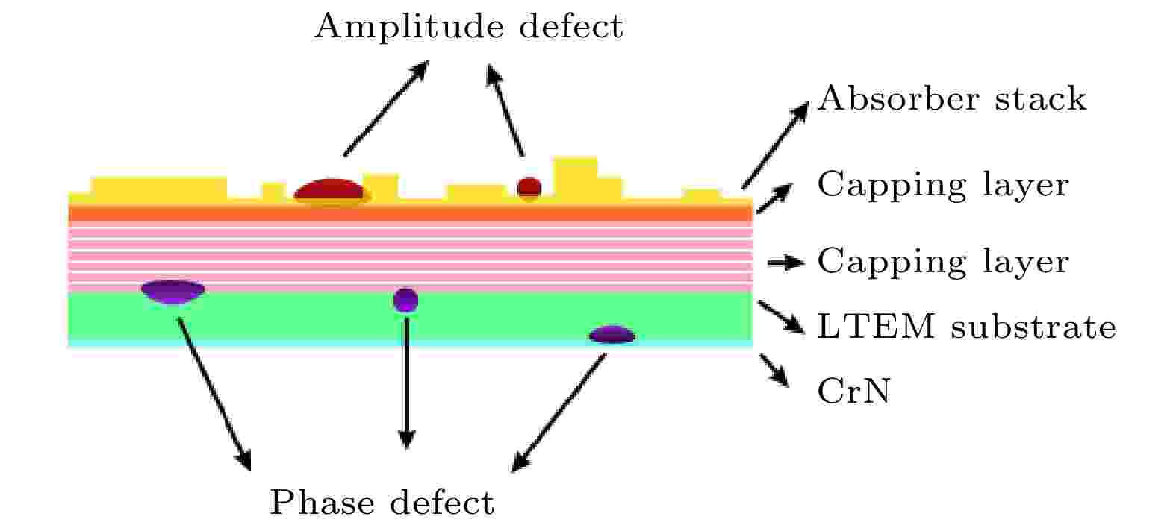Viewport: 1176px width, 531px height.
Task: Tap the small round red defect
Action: [529, 188]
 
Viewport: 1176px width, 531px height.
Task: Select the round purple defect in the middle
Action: [405, 300]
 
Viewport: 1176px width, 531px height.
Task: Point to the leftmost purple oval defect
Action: [173, 291]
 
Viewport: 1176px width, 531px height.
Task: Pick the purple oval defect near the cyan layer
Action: [612, 335]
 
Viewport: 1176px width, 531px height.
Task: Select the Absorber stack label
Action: [951, 98]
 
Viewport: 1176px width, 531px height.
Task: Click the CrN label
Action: [853, 391]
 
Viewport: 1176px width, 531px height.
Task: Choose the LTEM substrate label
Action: [966, 327]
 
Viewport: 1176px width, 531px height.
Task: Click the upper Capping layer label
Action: [942, 184]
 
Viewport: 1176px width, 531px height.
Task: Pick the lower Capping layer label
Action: [942, 262]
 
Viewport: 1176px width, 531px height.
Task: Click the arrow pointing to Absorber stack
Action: [774, 145]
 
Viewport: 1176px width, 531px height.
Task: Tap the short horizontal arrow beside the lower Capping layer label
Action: [785, 263]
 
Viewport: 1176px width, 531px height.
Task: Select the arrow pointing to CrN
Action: [774, 369]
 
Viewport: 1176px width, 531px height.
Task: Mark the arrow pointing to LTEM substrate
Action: [780, 316]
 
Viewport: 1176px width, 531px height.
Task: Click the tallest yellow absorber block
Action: [575, 177]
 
